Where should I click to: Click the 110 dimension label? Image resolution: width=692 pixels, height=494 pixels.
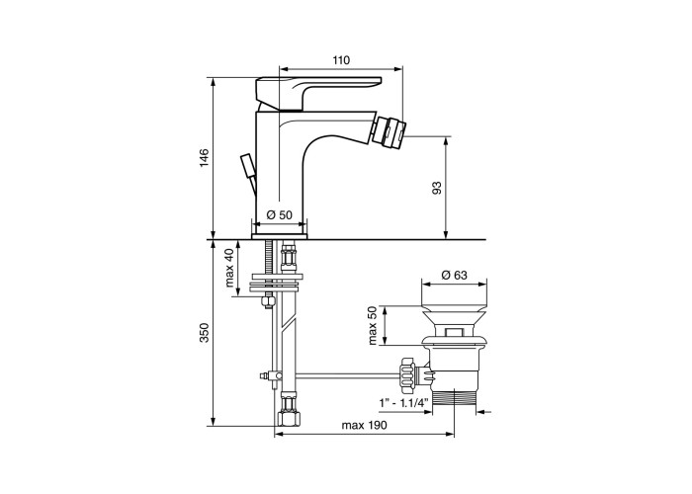(341, 60)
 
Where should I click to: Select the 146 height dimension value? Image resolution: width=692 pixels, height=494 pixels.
(204, 158)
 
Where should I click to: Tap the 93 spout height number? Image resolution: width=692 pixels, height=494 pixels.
(437, 189)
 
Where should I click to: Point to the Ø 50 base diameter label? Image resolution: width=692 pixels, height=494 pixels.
(280, 214)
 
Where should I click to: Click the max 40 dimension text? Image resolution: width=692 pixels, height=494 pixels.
(229, 268)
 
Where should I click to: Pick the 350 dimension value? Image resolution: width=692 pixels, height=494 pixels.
(204, 333)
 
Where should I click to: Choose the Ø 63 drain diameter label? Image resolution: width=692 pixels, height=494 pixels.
(454, 275)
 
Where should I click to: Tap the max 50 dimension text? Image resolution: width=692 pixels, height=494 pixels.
(373, 326)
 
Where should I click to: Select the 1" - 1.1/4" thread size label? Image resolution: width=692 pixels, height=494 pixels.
(403, 403)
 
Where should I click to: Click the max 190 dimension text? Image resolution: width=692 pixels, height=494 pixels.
(364, 425)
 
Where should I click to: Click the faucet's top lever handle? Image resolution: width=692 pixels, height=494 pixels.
(317, 92)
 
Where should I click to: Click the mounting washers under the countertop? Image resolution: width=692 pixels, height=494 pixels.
(276, 283)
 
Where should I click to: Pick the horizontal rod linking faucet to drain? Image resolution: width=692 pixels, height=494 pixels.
(347, 375)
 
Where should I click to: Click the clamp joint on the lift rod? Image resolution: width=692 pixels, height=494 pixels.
(270, 375)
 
